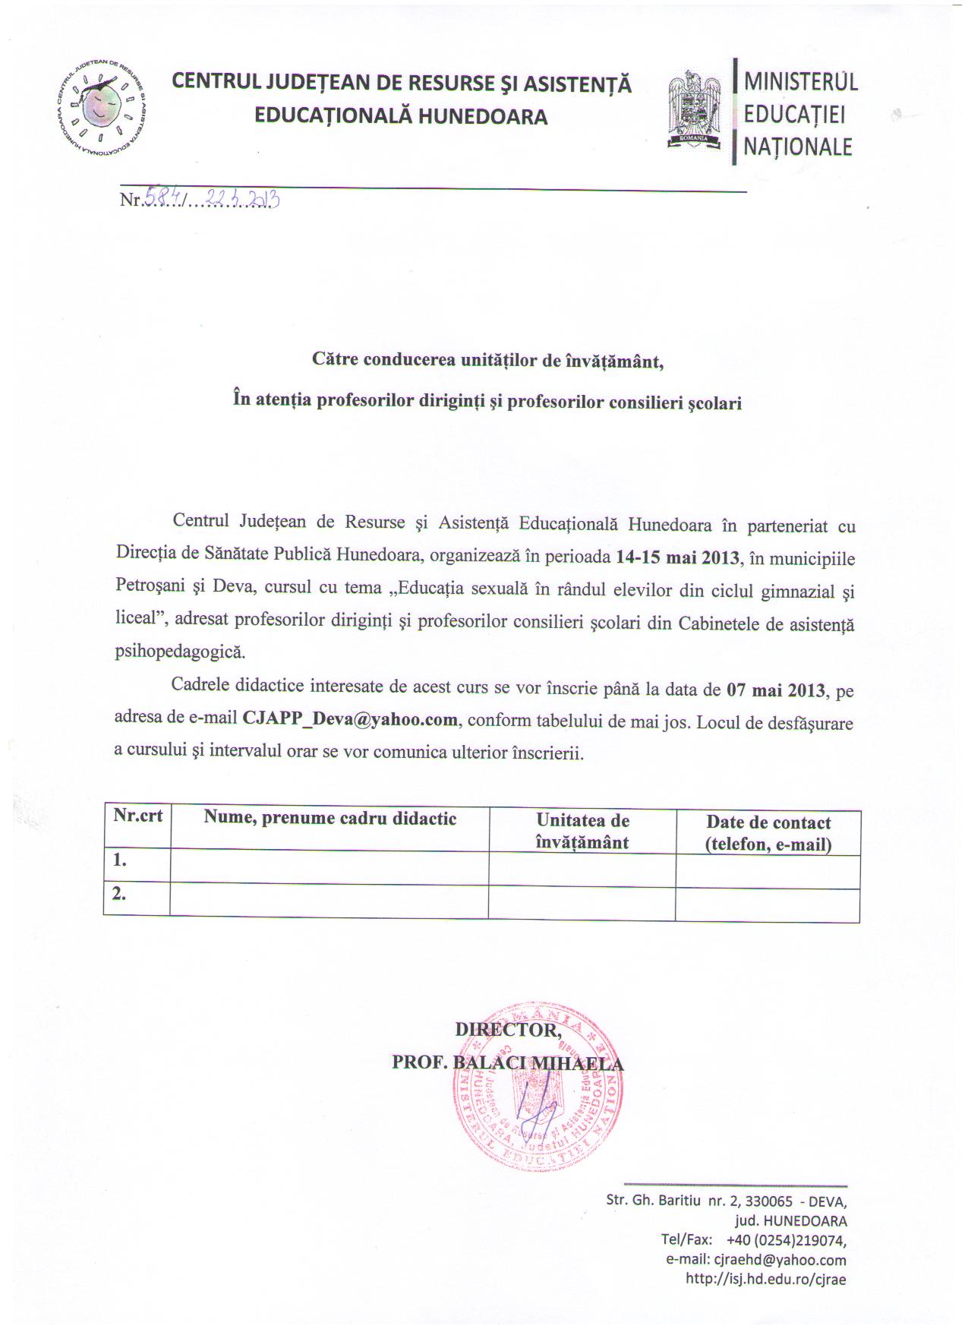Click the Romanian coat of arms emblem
(x=693, y=109)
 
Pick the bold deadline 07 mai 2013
(x=775, y=690)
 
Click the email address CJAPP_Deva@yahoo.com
(x=350, y=718)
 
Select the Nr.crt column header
(x=137, y=816)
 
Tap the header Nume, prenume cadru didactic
(x=329, y=818)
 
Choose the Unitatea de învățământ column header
(x=582, y=831)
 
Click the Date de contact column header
(x=768, y=833)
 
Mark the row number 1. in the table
(x=119, y=860)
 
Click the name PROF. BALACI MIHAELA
(x=507, y=1062)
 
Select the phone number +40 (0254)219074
(x=786, y=1240)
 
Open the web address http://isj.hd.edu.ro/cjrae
(x=765, y=1279)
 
